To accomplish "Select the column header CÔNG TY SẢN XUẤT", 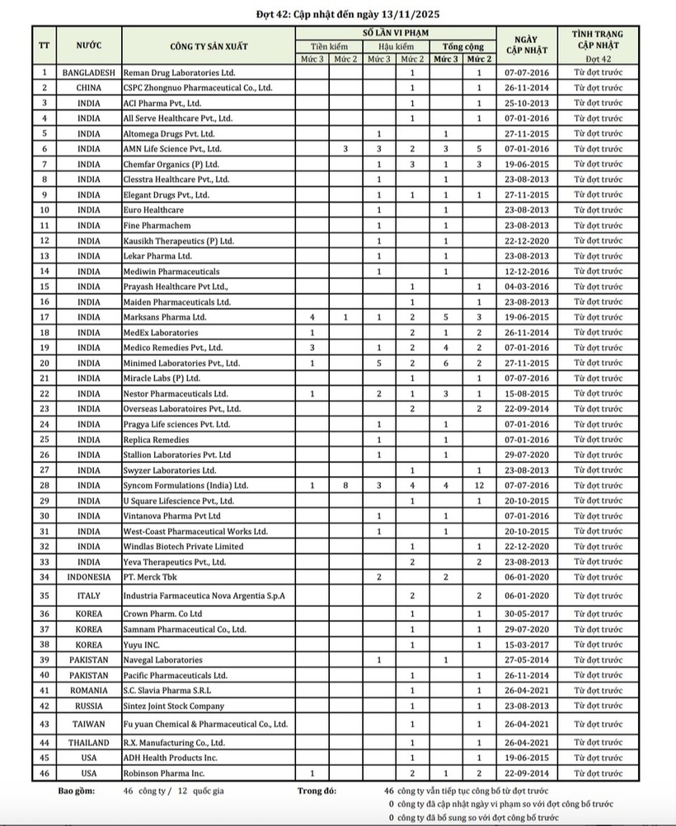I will pyautogui.click(x=209, y=45).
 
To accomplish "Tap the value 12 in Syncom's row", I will pyautogui.click(x=478, y=486).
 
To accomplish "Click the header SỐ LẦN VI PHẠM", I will pyautogui.click(x=396, y=31).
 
